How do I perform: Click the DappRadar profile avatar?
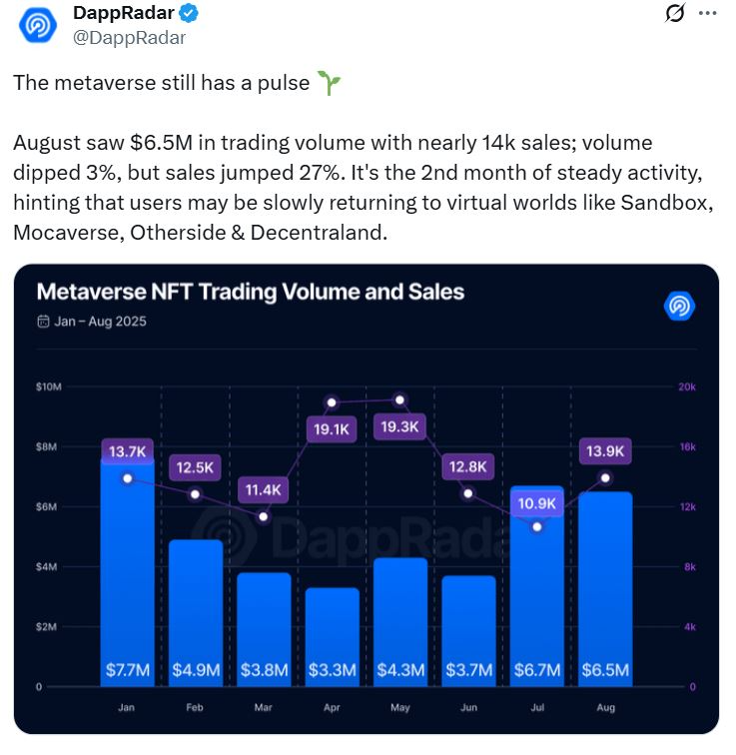38,26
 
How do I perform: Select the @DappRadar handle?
129,38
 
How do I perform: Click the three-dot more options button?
706,13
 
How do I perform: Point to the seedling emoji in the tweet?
329,84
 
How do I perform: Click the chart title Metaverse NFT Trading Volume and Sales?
250,292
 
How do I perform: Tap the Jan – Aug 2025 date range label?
91,322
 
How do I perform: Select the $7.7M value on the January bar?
128,670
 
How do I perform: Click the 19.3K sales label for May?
400,427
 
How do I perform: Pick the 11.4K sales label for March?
264,490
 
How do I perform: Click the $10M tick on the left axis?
49,386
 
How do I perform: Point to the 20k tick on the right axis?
687,386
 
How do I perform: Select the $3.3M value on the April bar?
332,670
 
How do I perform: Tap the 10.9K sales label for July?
537,502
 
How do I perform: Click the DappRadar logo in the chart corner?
678,306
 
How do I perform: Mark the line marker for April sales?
332,402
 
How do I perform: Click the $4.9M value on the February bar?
196,670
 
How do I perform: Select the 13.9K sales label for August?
605,451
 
